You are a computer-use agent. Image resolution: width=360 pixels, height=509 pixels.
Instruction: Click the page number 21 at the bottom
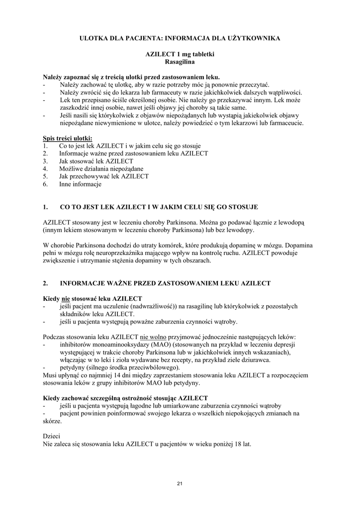pos(180,483)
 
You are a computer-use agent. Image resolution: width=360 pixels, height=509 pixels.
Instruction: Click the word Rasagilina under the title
pos(180,63)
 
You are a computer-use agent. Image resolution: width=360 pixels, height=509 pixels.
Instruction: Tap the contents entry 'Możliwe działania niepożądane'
pos(94,169)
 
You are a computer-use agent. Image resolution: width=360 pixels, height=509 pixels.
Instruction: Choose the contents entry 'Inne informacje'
pos(80,184)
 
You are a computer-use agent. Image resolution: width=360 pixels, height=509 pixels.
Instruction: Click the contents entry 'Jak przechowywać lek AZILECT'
pos(103,176)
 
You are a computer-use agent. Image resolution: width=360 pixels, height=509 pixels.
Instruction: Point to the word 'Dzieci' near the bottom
pos(51,436)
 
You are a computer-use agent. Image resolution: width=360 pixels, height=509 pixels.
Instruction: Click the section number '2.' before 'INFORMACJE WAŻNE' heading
pos(46,283)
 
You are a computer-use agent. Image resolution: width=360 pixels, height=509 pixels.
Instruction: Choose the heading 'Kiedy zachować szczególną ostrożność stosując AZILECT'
pos(125,398)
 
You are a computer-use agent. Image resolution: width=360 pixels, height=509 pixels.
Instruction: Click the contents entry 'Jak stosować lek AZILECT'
pos(96,161)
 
